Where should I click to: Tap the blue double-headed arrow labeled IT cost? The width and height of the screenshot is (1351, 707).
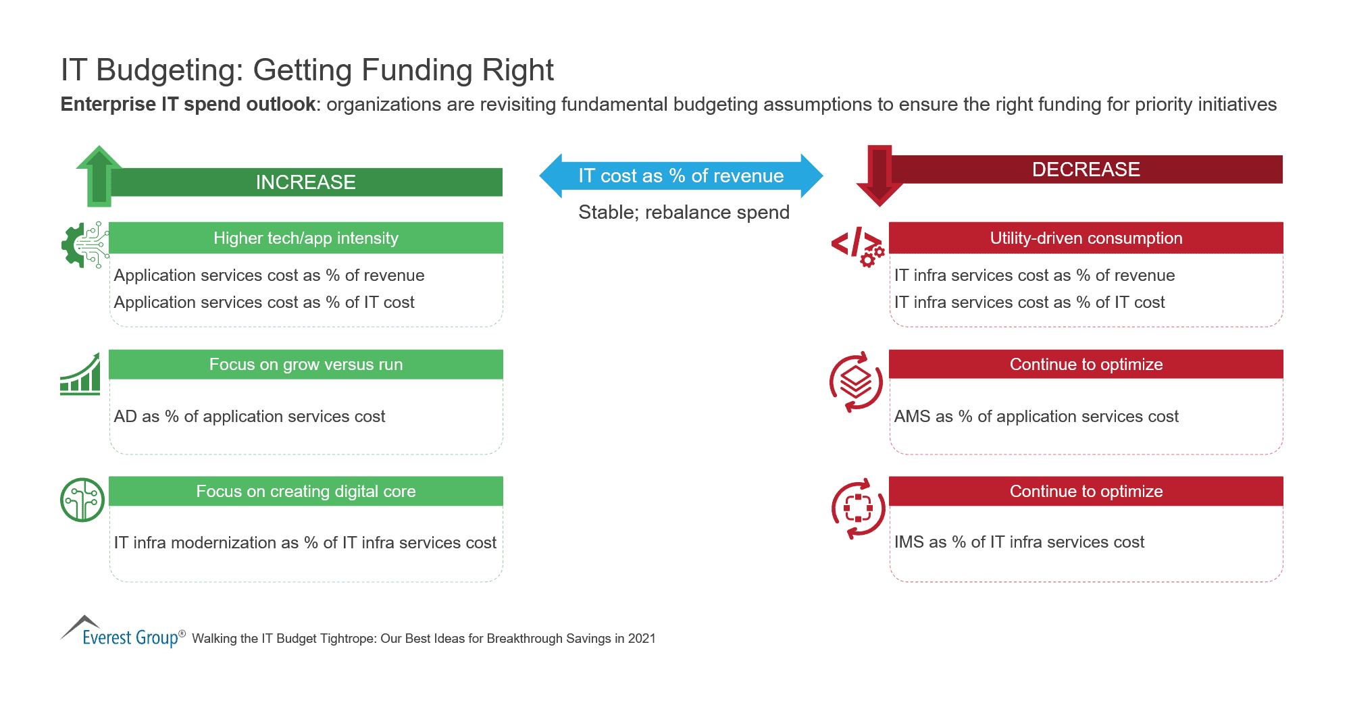[x=681, y=176]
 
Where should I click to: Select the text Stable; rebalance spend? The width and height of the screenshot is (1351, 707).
[x=684, y=212]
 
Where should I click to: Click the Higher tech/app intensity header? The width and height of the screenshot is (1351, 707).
[x=305, y=238]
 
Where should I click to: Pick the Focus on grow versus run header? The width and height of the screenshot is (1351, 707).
[x=305, y=365]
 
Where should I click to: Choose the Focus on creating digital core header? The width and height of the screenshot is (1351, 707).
[x=305, y=492]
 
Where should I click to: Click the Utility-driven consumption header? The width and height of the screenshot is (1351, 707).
[x=1086, y=238]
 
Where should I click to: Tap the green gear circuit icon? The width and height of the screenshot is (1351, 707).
[x=84, y=244]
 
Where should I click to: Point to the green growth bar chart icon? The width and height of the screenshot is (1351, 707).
[x=80, y=374]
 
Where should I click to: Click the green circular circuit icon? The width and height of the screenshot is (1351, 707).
[x=82, y=500]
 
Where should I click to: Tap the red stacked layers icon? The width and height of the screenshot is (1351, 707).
[x=856, y=382]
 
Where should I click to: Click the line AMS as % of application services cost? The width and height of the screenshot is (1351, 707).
[x=1036, y=417]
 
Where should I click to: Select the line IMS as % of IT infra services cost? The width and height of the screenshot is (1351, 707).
[x=1019, y=542]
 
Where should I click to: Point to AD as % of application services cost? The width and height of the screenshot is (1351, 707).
[x=249, y=417]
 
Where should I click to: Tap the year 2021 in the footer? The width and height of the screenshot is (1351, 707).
[x=642, y=639]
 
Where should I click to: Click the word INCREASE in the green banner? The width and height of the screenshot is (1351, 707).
[x=305, y=182]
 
